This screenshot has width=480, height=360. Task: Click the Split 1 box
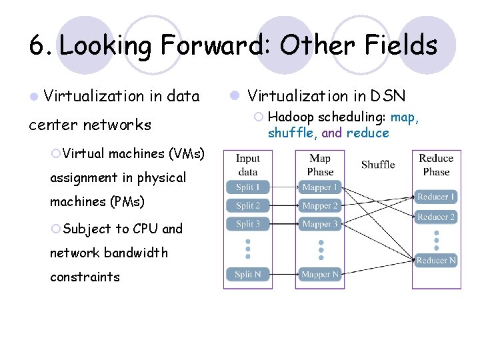click(x=247, y=187)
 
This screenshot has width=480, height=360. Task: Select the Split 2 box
click(x=247, y=205)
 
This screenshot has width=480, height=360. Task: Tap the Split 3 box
click(x=247, y=224)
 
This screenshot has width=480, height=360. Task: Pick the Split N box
click(x=247, y=274)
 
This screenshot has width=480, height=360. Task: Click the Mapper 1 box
click(x=320, y=187)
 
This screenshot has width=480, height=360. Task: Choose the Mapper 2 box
click(x=320, y=205)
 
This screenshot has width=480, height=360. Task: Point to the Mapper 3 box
click(x=320, y=224)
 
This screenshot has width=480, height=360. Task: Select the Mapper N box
click(x=320, y=274)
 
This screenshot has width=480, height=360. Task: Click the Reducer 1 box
click(x=436, y=197)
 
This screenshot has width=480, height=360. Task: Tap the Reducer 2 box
click(x=436, y=217)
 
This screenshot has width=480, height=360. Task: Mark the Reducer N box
click(x=436, y=261)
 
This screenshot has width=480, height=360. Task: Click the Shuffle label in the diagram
click(x=378, y=165)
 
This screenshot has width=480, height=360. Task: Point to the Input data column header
click(x=247, y=165)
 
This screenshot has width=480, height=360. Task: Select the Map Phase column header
click(x=320, y=165)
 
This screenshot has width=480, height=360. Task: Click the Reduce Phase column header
click(x=436, y=165)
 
